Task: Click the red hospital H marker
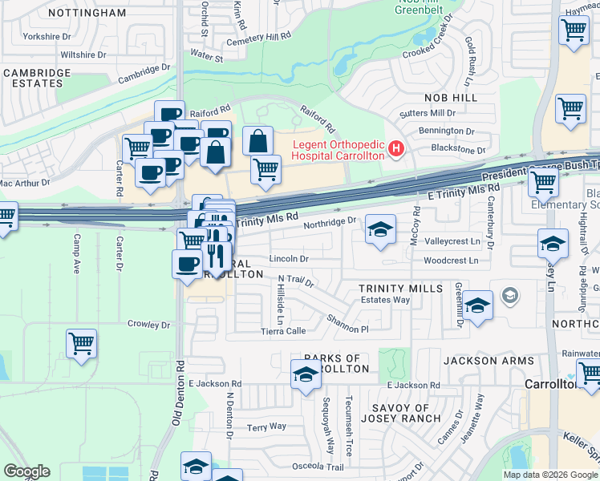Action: pos(395,149)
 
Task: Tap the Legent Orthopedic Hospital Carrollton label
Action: pos(337,150)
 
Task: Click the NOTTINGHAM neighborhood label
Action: pos(87,13)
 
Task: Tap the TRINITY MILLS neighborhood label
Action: pos(400,289)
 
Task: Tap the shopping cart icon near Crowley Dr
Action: pos(81,344)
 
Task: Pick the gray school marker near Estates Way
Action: pos(509,296)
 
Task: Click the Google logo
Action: pos(26,471)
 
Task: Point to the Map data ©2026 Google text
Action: pos(550,475)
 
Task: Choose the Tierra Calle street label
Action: pos(284,331)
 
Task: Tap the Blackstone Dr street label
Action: pos(458,150)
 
